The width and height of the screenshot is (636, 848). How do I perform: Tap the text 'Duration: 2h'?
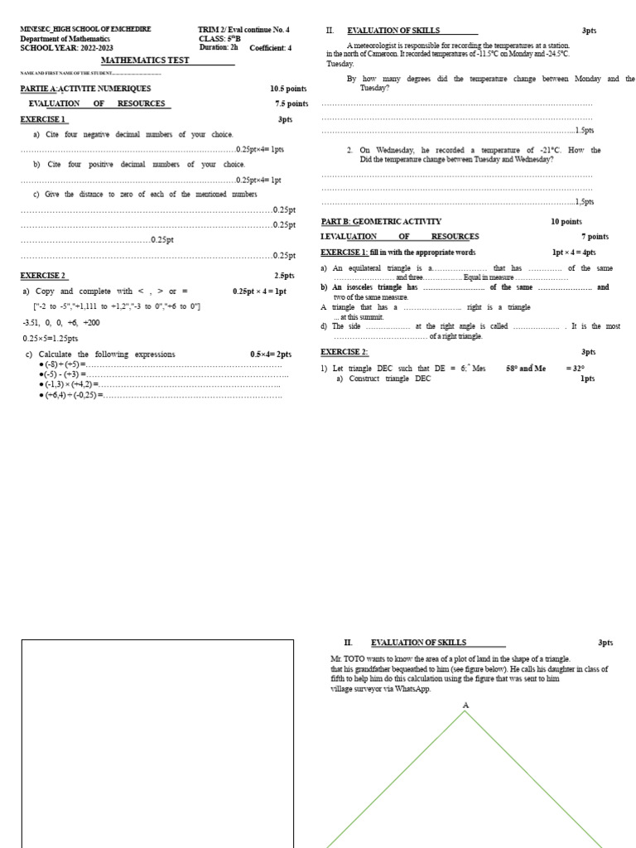219,47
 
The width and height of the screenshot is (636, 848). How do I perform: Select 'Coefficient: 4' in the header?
270,47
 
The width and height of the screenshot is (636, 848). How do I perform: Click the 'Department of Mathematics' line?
65,38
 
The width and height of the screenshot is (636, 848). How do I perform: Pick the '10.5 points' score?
287,89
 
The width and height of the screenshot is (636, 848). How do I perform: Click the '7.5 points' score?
291,104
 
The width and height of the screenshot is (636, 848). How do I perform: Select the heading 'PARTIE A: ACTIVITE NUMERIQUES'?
85,89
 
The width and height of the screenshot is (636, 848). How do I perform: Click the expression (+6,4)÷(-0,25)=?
70,396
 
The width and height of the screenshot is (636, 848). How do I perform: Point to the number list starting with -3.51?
61,323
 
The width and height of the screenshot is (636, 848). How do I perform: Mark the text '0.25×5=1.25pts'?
51,338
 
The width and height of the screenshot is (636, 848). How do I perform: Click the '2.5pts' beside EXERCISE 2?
284,276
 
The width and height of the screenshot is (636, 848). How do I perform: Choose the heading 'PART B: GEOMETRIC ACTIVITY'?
381,222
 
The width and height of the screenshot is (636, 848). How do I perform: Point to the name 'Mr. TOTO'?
344,659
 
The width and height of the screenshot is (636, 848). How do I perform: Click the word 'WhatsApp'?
414,688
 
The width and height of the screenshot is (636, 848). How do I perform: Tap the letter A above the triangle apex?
465,705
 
